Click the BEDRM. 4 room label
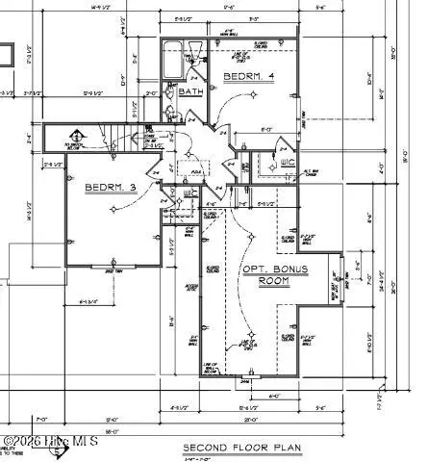tap(248, 75)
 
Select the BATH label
tap(189, 92)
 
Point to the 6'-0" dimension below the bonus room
tap(275, 395)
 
